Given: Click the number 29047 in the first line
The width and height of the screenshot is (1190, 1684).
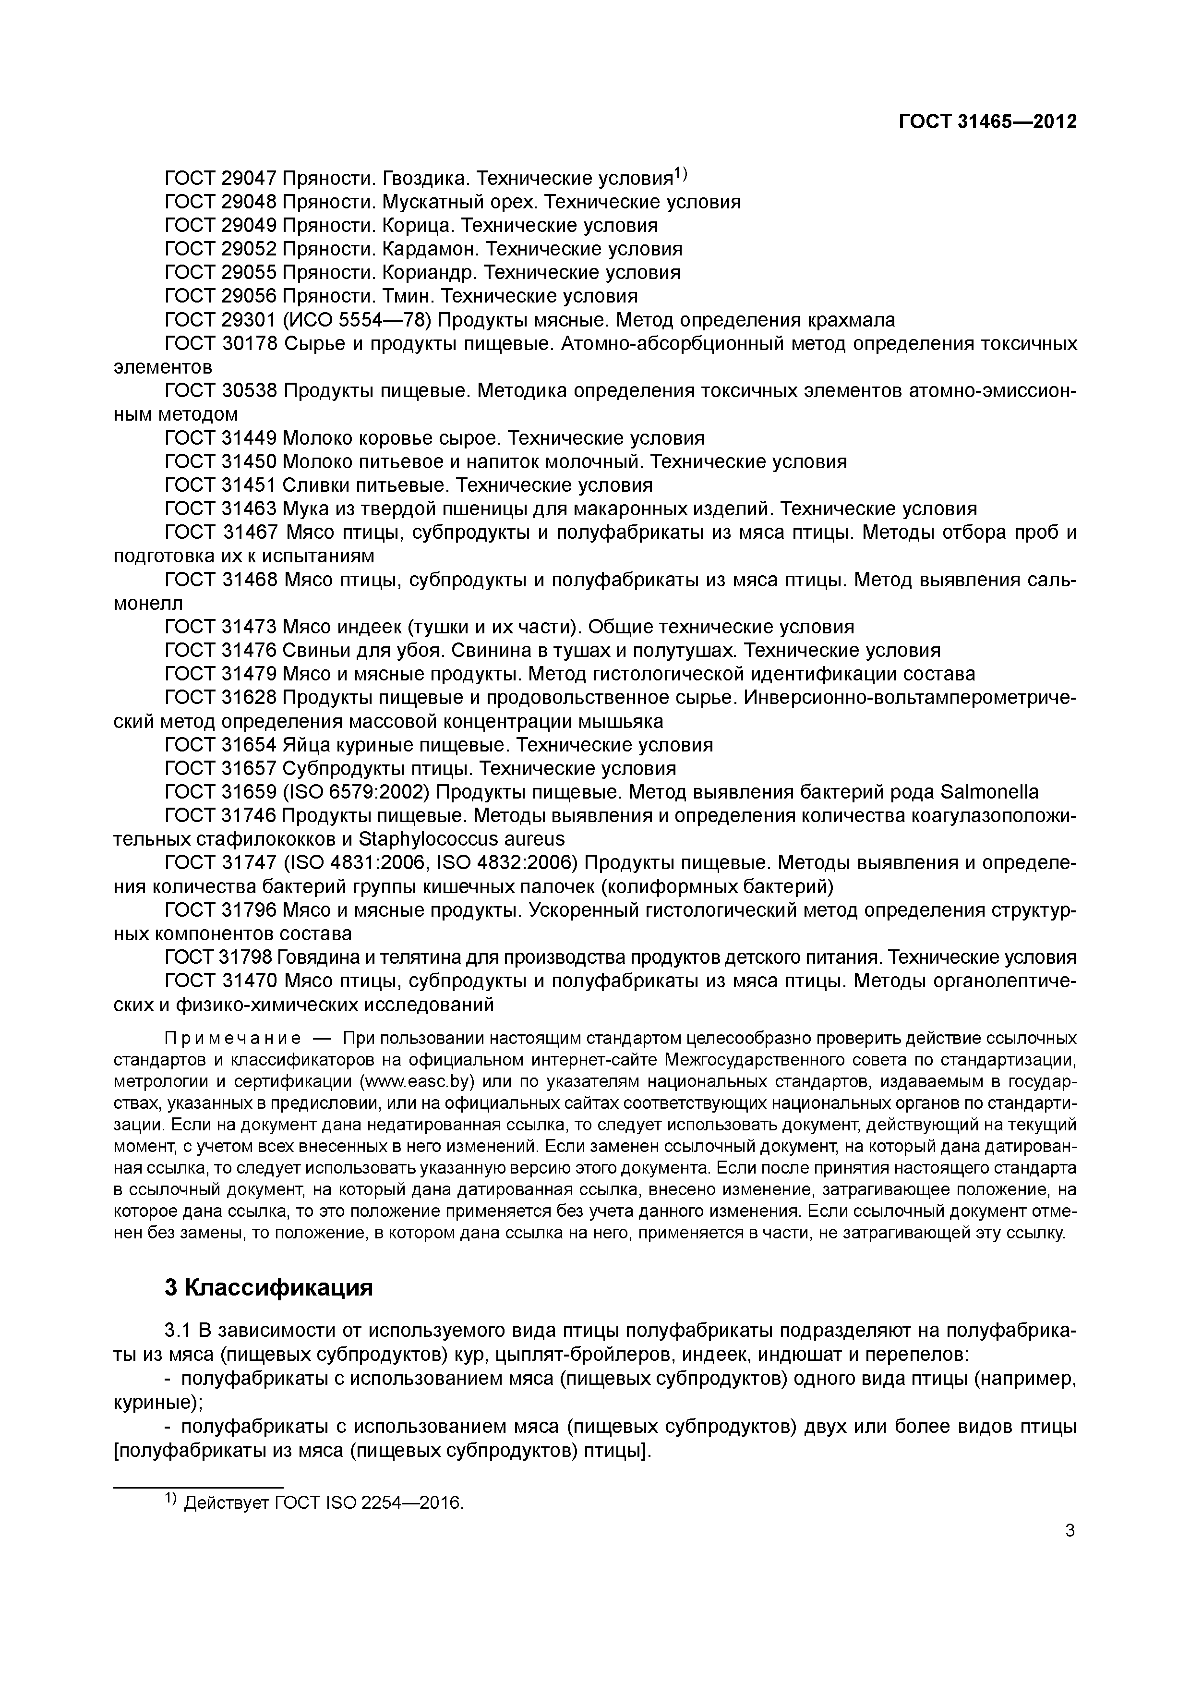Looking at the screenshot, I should click(x=249, y=178).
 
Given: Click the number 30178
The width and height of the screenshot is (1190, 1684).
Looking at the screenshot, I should click(x=249, y=344).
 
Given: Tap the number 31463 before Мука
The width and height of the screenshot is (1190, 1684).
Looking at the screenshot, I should click(x=249, y=509).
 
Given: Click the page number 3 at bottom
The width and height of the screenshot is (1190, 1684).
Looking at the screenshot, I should click(x=1070, y=1531).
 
